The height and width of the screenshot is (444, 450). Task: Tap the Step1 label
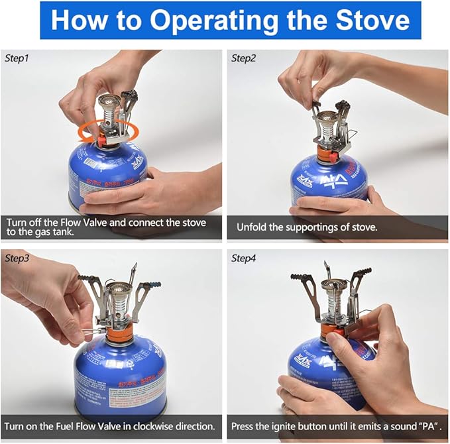pyautogui.click(x=17, y=58)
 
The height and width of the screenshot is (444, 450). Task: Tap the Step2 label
pyautogui.click(x=244, y=58)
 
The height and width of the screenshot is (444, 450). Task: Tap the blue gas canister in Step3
pyautogui.click(x=119, y=374)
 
